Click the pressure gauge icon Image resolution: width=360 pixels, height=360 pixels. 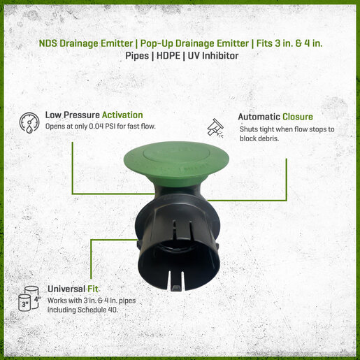coord(29,123)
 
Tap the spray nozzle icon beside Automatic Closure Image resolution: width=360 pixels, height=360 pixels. coord(215,128)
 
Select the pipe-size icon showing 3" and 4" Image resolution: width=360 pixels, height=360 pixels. coord(29,298)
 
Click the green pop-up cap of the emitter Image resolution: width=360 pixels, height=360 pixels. coord(176,161)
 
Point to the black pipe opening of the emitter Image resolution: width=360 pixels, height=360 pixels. coord(178,264)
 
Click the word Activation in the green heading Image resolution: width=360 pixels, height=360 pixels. coord(122,115)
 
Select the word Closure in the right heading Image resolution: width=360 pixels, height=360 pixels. coord(298,117)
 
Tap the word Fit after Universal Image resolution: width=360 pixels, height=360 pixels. coord(93,289)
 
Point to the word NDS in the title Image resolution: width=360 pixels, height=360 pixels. coord(48,43)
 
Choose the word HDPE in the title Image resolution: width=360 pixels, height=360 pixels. coord(168,56)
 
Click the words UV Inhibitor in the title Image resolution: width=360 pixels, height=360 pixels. coord(213,56)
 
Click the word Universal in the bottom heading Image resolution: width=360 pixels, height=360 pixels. coord(66,289)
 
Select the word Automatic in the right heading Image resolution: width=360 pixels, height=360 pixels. coord(259,117)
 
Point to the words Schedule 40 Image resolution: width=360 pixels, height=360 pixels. coord(98,310)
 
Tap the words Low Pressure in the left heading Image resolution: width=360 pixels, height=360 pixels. coord(73,115)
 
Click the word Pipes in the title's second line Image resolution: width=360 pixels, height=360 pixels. coord(137,56)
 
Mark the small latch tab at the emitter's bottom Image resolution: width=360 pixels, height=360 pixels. coord(176,288)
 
